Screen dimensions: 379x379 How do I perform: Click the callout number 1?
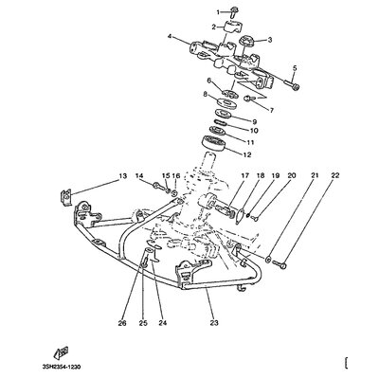tap(218, 12)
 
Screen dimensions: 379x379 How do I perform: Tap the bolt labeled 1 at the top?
tap(234, 12)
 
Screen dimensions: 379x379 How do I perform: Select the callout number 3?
tap(269, 40)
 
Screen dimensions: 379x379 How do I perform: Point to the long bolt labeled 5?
tap(291, 84)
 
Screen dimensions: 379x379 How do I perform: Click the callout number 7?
tap(272, 110)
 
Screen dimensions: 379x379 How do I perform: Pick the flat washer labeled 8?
tap(226, 103)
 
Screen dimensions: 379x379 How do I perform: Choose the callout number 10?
tap(254, 130)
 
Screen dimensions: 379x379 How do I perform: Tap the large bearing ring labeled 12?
tap(213, 144)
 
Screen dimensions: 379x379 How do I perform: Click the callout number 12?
tap(247, 154)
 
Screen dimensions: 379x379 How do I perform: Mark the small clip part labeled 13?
tap(65, 198)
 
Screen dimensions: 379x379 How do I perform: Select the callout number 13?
tap(122, 175)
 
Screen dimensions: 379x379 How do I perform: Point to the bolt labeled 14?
tap(160, 187)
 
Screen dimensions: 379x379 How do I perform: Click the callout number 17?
tap(245, 175)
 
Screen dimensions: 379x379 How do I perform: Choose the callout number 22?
tap(335, 175)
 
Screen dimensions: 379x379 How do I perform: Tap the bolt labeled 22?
tap(280, 264)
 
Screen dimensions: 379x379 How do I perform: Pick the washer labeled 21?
tap(268, 260)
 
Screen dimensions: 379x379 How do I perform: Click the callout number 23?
tap(214, 323)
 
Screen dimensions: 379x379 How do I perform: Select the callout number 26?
tap(122, 323)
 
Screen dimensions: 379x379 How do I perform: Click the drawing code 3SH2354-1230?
tap(61, 367)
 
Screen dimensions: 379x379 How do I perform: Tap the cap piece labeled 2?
tap(231, 27)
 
